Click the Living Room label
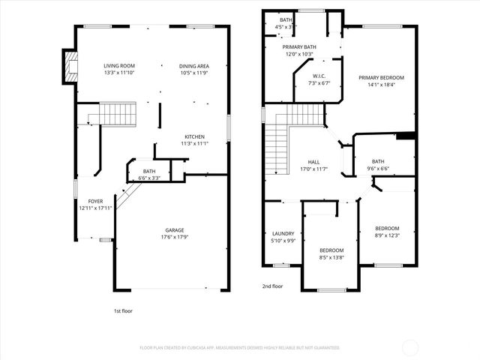tap(119, 69)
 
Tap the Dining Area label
tap(194, 69)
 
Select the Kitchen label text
tap(194, 139)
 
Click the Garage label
tap(175, 233)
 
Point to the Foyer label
tap(95, 205)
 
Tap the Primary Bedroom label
tap(381, 81)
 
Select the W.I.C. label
tap(313, 79)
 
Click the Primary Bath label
tap(299, 50)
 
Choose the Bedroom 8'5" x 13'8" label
tap(331, 253)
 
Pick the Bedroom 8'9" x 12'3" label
tap(387, 232)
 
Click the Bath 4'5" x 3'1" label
tap(286, 22)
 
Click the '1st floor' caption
tap(122, 309)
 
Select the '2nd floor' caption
tap(272, 286)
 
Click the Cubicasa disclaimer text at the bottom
tap(240, 348)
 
